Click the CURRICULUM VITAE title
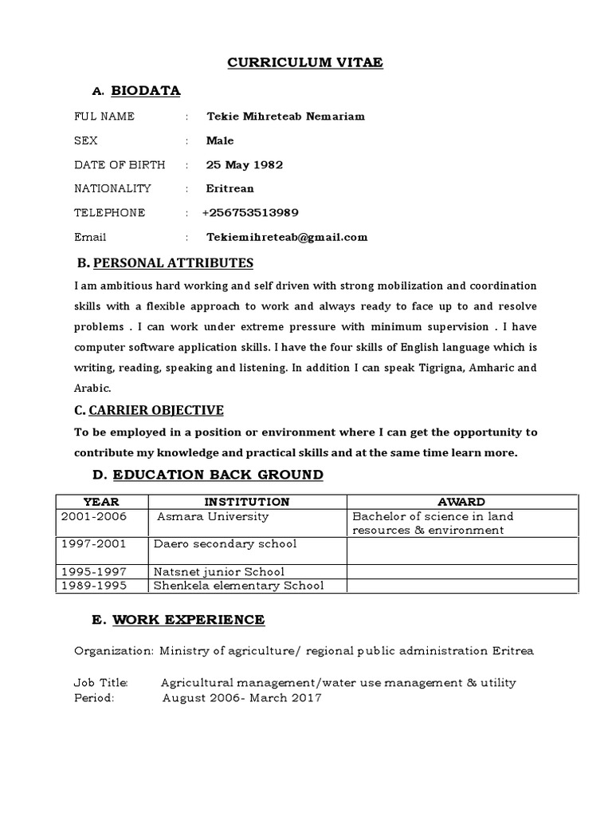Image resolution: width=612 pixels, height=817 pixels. click(305, 62)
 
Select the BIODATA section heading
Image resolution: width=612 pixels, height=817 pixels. click(145, 91)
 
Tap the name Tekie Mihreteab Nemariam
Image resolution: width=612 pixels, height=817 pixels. click(285, 116)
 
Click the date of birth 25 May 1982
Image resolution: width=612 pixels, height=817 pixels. click(244, 165)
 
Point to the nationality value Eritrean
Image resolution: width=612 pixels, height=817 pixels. click(230, 189)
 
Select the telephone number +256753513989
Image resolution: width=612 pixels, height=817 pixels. click(250, 213)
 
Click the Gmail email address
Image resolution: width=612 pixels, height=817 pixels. click(287, 237)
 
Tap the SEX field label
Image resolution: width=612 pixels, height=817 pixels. click(86, 140)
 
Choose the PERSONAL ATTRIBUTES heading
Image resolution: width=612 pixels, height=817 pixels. click(173, 262)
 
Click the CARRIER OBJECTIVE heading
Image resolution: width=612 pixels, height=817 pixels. click(156, 410)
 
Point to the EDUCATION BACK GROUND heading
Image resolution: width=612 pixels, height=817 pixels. click(218, 475)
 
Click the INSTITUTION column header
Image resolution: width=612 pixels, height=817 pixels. click(247, 502)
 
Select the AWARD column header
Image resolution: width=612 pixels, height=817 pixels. click(461, 502)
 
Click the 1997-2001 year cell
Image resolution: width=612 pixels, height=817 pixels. click(88, 544)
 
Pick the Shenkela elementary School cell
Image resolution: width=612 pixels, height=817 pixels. click(238, 586)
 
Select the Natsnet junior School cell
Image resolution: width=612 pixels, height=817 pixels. click(220, 572)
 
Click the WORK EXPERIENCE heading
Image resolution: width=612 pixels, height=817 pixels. click(188, 620)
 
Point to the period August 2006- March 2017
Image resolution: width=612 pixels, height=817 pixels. click(241, 697)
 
